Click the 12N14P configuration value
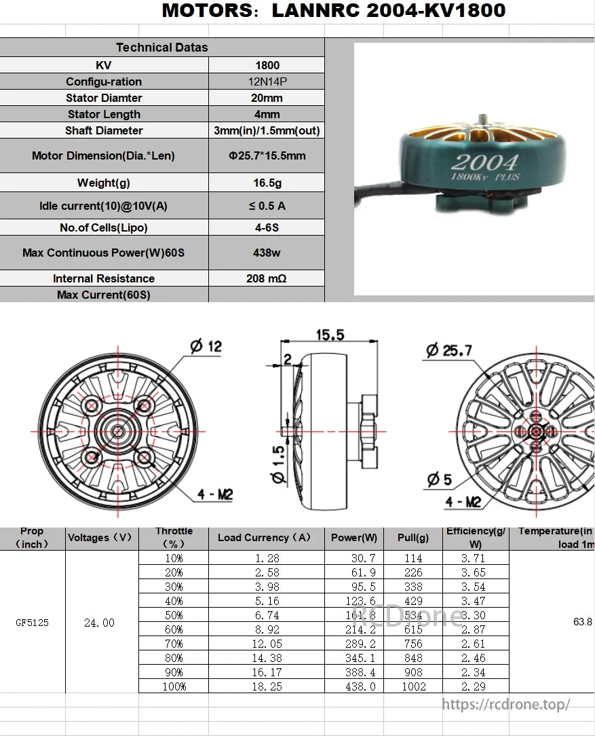coord(267,81)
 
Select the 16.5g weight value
coord(267,183)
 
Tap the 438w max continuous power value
coord(267,253)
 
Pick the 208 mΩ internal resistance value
coord(267,278)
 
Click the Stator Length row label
coord(104,114)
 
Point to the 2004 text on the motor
coord(484,163)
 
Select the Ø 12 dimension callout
coord(206,346)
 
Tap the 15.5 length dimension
coord(330,335)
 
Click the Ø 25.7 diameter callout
coord(448,350)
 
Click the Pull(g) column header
coord(413,538)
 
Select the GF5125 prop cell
coord(33,623)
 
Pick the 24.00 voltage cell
coord(99,623)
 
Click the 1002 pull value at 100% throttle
coord(413,686)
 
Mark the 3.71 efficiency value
coord(475,558)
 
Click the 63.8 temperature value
coord(582,622)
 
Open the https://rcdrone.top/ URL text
coord(506,705)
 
